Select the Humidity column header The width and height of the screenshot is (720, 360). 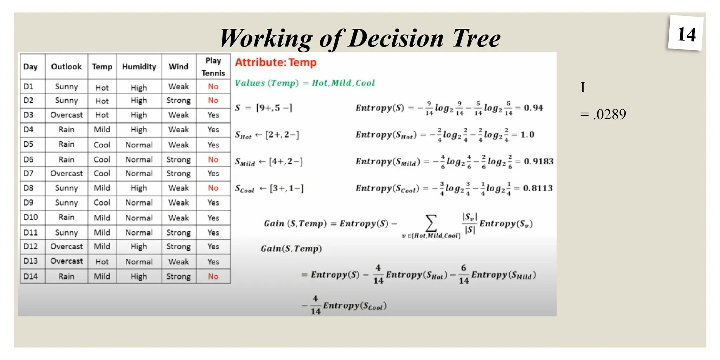click(x=139, y=66)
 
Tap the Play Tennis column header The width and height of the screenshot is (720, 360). click(x=213, y=66)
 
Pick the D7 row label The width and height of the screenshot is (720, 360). click(x=28, y=173)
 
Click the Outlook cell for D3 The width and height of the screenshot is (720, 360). click(x=66, y=115)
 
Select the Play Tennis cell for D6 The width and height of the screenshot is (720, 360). click(x=213, y=160)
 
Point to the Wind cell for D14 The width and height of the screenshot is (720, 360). click(x=179, y=276)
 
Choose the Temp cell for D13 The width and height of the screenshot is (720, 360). click(x=102, y=262)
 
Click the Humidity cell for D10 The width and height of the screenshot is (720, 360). click(x=139, y=218)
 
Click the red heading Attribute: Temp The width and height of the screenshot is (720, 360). click(x=276, y=63)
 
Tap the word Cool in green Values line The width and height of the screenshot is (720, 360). click(x=365, y=83)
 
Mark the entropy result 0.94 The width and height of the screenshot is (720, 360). click(x=533, y=108)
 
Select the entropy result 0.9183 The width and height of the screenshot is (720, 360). click(x=539, y=161)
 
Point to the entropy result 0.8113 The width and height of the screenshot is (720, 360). click(x=538, y=188)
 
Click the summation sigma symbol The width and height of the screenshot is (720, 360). click(x=431, y=223)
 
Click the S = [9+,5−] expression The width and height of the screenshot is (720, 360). click(x=264, y=108)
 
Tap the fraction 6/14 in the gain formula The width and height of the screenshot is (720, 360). click(x=464, y=274)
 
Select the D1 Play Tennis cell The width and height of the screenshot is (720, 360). click(x=213, y=86)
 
